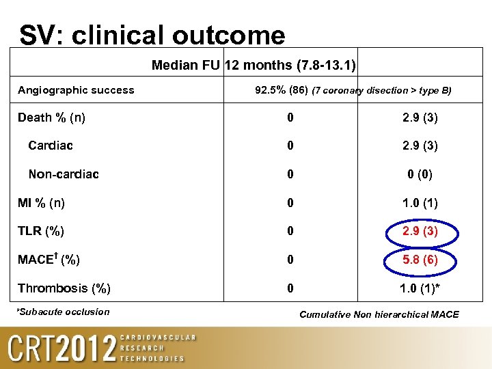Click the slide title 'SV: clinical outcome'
(152, 35)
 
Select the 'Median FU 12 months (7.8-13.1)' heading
(254, 66)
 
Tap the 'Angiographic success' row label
(76, 90)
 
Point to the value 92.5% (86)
(281, 90)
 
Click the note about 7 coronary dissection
(381, 90)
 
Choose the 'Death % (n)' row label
(51, 118)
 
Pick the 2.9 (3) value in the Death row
(419, 118)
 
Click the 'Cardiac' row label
(51, 146)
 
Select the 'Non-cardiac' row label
(64, 174)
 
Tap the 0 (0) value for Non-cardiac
(420, 175)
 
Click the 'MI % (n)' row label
(42, 203)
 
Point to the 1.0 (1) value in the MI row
(419, 203)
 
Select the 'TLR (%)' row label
(41, 231)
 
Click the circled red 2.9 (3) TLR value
(419, 231)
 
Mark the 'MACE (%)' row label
(49, 260)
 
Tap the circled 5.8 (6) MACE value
(419, 260)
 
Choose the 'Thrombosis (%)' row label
(64, 288)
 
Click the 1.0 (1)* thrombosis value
(420, 288)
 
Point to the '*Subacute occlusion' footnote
(63, 312)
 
